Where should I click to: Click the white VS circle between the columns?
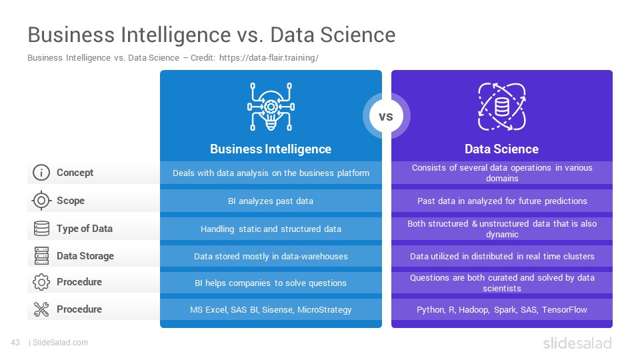coord(386,116)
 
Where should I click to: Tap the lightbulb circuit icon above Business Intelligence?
coord(271,107)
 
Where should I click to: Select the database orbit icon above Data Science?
coord(501,107)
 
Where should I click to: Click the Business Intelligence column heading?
coord(271,149)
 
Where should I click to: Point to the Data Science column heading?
coord(501,149)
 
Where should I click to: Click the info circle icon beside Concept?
coord(41,173)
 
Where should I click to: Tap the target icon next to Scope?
coord(41,201)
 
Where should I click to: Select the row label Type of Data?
coord(85,229)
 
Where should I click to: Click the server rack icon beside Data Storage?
coord(41,256)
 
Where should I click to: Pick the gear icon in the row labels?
coord(41,282)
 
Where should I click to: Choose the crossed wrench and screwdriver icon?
coord(41,309)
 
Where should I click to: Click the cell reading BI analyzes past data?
coord(271,201)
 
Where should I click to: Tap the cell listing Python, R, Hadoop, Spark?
coord(501,310)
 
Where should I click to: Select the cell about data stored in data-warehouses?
coord(271,256)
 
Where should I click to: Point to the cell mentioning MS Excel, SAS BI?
coord(271,310)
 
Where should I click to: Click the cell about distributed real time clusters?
coord(501,256)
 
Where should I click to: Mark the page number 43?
coord(15,343)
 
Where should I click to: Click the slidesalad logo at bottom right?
coord(577,343)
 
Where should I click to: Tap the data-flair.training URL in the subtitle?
coord(269,58)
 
